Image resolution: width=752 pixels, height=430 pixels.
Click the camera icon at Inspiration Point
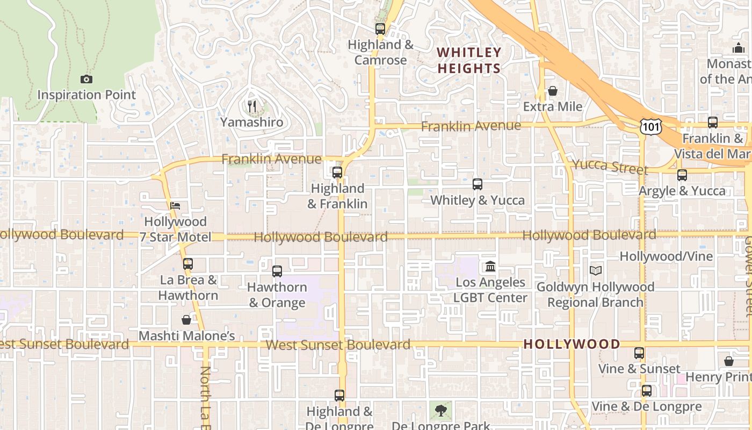[86, 80]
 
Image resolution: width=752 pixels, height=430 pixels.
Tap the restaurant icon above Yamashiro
[251, 106]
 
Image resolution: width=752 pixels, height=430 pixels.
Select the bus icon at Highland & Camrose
[380, 29]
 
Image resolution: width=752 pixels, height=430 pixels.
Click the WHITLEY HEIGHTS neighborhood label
[469, 60]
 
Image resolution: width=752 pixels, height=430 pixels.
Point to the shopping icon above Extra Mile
[552, 91]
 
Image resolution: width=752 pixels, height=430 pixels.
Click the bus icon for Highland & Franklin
[337, 173]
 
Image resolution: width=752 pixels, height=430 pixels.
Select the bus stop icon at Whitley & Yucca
[478, 184]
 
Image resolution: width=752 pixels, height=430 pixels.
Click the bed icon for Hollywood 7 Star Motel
[175, 205]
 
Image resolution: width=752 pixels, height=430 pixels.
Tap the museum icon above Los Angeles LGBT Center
[490, 266]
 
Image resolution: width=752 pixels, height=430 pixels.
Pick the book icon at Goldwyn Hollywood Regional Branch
[595, 270]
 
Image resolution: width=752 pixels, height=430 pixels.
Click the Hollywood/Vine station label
[666, 256]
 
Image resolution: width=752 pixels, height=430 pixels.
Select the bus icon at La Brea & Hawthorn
[187, 264]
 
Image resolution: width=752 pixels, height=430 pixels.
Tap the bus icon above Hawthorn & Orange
[277, 271]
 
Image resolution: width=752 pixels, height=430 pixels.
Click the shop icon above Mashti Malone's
[186, 320]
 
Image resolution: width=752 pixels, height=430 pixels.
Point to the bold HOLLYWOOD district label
[572, 344]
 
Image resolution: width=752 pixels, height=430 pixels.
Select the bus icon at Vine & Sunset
[639, 353]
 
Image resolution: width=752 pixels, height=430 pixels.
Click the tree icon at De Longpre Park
[440, 411]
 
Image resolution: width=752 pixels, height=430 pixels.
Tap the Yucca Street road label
[610, 167]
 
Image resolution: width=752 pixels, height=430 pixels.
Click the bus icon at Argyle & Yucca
[682, 175]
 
